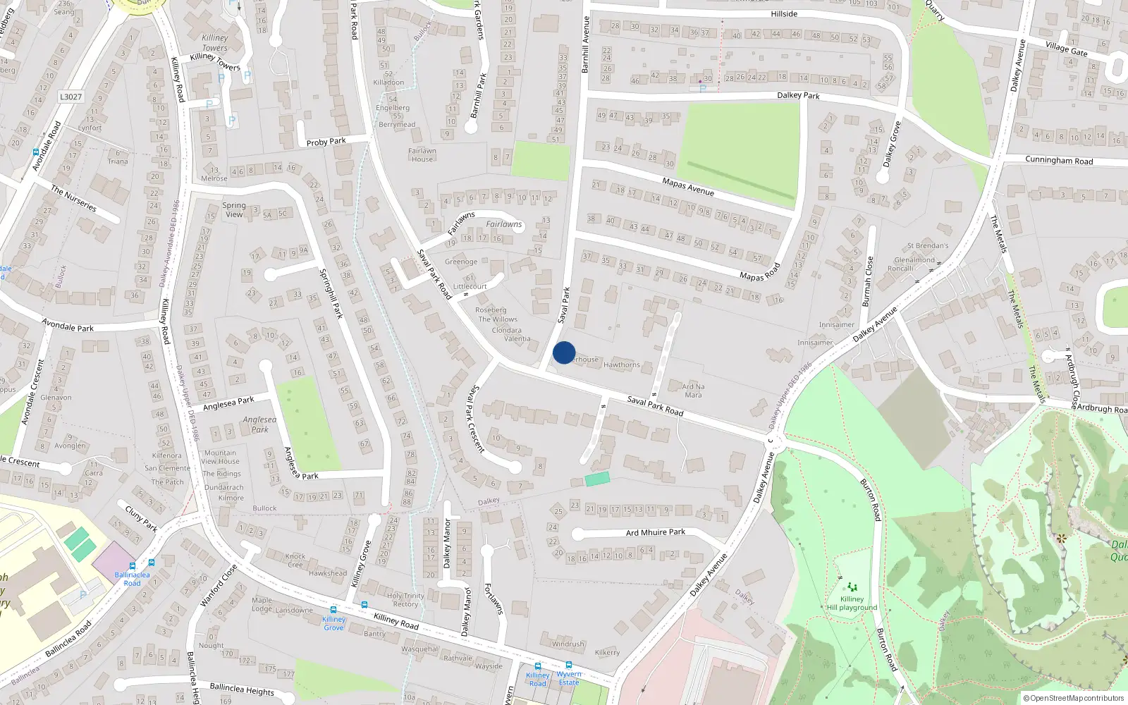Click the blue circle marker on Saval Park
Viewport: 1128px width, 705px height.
pos(564,352)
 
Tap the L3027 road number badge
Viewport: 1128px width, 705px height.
pos(70,97)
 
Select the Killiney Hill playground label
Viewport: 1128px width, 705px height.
pos(852,603)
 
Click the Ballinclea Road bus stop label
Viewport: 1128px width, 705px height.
pos(132,579)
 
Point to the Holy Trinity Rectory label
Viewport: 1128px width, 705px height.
pos(405,600)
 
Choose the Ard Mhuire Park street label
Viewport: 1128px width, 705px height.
pos(656,532)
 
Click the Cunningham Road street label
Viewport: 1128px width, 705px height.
pos(1059,161)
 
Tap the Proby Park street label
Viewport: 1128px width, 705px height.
pos(326,142)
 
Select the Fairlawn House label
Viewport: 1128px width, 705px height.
pos(422,155)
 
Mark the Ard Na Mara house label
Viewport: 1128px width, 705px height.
pos(693,391)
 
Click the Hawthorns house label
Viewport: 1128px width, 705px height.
pos(622,364)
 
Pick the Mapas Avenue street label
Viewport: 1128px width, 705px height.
pos(688,187)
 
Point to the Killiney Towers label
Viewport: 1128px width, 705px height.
pos(215,43)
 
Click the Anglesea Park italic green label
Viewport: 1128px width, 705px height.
pos(259,424)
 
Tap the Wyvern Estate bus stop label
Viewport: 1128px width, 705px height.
pos(569,678)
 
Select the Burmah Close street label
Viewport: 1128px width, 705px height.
pos(868,281)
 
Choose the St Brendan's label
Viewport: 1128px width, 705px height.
pos(928,246)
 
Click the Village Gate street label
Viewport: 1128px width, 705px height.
pos(1067,48)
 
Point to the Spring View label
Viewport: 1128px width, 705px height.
pos(234,210)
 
